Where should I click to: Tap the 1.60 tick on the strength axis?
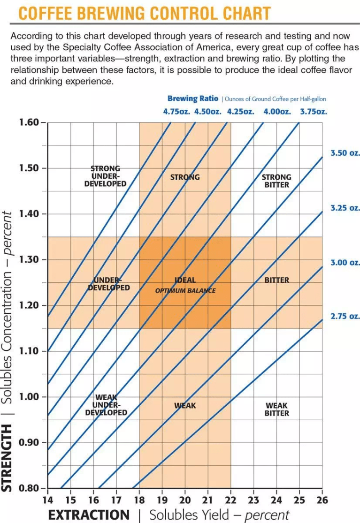coord(29,122)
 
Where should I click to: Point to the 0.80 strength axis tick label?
coord(29,488)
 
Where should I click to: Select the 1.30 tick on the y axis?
coord(29,260)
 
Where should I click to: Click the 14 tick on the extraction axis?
coord(47,500)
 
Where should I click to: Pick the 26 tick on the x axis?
coord(322,500)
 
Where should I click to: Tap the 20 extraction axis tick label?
coord(185,500)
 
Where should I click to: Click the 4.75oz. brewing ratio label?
coord(176,112)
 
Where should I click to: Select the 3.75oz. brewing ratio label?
coord(314,112)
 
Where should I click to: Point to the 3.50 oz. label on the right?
coord(345,153)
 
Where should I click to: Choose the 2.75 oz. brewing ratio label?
coord(345,316)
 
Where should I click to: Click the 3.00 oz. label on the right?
coord(345,262)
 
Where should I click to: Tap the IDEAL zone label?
coord(185,280)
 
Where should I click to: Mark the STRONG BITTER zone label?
coord(276,181)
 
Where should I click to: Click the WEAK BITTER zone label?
coord(276,409)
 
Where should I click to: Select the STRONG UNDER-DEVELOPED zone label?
coord(105,176)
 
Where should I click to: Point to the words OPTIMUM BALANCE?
coord(185,290)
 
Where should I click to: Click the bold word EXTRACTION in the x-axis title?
coord(89,515)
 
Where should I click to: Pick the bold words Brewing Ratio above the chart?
coord(193,99)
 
